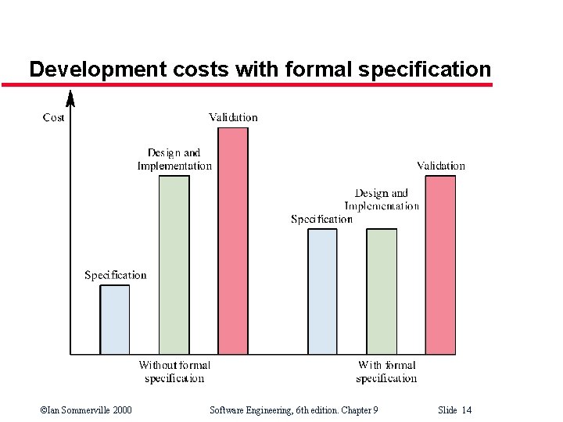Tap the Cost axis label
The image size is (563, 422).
tap(53, 117)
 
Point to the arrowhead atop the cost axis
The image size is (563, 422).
tap(70, 98)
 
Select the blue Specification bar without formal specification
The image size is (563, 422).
tap(115, 320)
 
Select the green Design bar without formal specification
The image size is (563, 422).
tap(174, 265)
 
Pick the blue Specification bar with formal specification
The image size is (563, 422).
tap(322, 291)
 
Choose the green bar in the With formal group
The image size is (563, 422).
tap(382, 291)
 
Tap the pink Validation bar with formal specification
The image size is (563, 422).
tap(440, 265)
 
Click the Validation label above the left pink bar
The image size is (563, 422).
tap(233, 117)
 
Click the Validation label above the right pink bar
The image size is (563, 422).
tap(441, 166)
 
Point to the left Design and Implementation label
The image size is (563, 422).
tap(174, 159)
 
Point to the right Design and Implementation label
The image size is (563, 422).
tap(382, 200)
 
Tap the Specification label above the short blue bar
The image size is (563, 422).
tap(115, 275)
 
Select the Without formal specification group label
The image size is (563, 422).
tap(174, 372)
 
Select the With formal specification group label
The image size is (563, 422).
tap(386, 372)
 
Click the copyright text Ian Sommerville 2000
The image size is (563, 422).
tap(85, 410)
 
